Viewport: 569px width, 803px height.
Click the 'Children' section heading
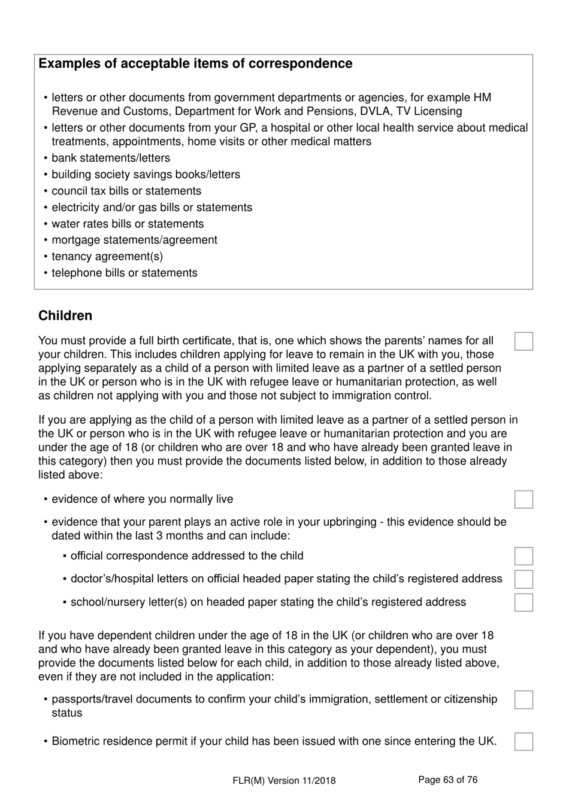[65, 316]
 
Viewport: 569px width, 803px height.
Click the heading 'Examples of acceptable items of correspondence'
[195, 64]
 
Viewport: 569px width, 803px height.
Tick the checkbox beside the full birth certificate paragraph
[523, 341]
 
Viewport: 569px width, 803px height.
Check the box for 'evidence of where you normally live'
[523, 499]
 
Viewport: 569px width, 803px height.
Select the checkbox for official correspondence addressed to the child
[523, 556]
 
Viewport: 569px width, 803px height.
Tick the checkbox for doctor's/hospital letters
[523, 579]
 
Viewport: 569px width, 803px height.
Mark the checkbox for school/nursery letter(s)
[523, 602]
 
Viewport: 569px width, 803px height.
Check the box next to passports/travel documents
[523, 699]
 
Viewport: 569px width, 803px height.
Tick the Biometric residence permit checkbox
[523, 741]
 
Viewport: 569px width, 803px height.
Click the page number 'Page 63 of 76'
[447, 780]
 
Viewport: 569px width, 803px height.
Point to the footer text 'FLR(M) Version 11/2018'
[284, 780]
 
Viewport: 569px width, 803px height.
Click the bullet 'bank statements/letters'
[111, 158]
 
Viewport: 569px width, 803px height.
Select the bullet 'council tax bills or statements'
[126, 191]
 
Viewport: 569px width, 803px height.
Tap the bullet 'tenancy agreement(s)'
[107, 257]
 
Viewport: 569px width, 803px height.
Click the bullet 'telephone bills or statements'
[125, 273]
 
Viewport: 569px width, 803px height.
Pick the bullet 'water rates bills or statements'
[128, 224]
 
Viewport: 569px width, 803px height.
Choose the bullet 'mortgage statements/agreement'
[134, 240]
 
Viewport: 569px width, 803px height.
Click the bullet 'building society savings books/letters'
[146, 175]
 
